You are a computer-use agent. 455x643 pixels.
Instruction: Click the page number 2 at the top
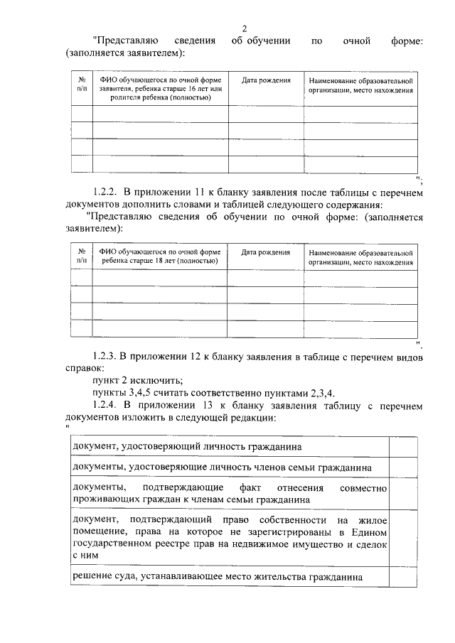point(244,29)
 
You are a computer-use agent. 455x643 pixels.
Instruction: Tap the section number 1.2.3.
point(105,357)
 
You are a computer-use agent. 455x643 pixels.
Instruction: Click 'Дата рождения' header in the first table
point(266,80)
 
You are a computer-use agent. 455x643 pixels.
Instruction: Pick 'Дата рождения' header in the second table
point(265,252)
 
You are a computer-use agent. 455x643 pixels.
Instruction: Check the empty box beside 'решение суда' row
point(402,577)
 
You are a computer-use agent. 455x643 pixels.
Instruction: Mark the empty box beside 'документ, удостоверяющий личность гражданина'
point(402,447)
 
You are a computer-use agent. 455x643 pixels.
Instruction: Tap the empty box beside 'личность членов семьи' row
point(402,468)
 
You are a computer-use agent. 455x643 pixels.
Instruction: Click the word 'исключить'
point(152,381)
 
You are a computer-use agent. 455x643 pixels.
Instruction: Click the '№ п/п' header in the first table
point(82,85)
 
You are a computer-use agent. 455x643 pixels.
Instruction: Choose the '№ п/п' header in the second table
point(82,256)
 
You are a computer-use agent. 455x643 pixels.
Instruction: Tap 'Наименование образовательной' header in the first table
point(360,81)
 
